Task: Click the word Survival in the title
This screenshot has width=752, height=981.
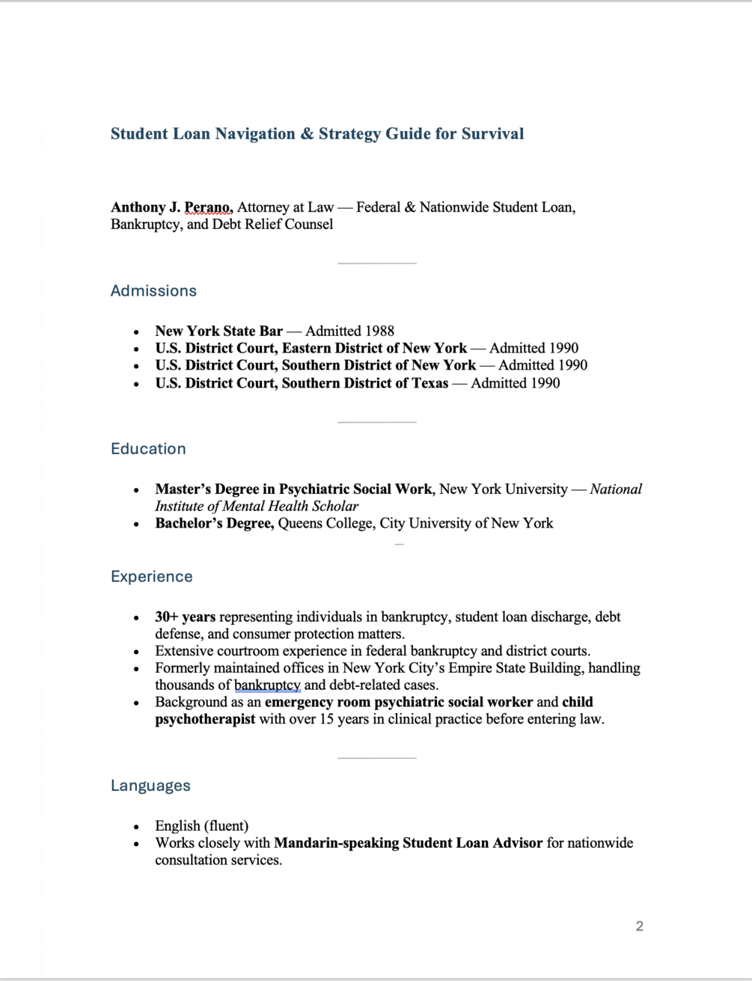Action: coord(492,134)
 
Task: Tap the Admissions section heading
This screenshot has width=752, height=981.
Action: coord(153,291)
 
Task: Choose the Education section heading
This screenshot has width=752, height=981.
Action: coord(148,449)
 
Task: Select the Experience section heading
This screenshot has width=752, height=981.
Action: coord(152,577)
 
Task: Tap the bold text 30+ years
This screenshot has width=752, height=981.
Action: coord(185,617)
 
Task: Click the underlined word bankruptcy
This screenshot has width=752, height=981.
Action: coord(267,685)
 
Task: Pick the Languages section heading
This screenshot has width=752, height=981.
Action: coord(150,786)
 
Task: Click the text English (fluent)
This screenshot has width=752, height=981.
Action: coord(201,826)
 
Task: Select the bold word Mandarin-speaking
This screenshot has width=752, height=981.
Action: coord(336,843)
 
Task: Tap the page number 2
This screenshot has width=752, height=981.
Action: coord(640,926)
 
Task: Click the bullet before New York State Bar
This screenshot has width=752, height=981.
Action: coord(136,331)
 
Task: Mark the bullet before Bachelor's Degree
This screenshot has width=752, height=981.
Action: coord(136,524)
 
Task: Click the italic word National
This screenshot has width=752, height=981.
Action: coord(616,489)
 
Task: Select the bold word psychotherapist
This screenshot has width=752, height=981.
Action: coord(205,719)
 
